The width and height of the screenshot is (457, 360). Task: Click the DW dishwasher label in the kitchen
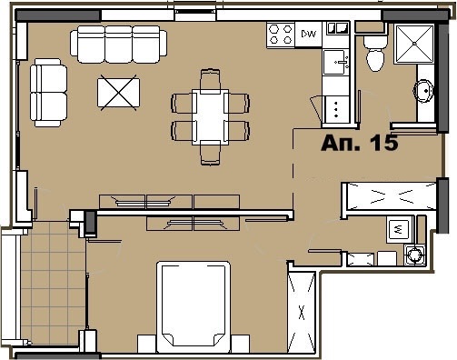pyautogui.click(x=308, y=35)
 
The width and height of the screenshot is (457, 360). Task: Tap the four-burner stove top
pyautogui.click(x=281, y=35)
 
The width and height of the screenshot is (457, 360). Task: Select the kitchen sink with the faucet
pyautogui.click(x=338, y=62)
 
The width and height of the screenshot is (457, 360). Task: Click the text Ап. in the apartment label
pyautogui.click(x=341, y=143)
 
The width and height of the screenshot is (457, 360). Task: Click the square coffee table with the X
pyautogui.click(x=120, y=94)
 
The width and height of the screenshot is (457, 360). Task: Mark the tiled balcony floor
pyautogui.click(x=51, y=283)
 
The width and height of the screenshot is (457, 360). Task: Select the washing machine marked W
pyautogui.click(x=397, y=228)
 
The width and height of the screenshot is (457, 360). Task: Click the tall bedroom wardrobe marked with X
pyautogui.click(x=301, y=309)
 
